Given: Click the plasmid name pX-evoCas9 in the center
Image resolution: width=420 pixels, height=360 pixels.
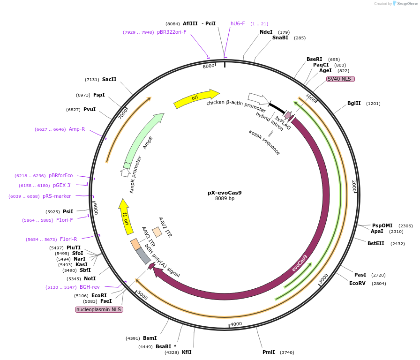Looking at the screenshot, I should pyautogui.click(x=225, y=192).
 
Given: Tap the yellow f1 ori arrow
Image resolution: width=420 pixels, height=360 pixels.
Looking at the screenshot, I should pyautogui.click(x=125, y=216).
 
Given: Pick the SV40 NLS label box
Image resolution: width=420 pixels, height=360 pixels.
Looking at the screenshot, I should pyautogui.click(x=340, y=79).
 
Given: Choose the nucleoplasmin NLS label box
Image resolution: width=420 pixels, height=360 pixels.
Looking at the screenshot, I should pyautogui.click(x=99, y=310).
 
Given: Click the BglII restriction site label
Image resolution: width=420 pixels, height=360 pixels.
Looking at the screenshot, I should pyautogui.click(x=354, y=104).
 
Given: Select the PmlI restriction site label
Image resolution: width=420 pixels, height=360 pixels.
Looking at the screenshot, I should pyautogui.click(x=269, y=352).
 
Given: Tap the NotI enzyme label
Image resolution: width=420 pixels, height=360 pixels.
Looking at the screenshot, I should pyautogui.click(x=90, y=278).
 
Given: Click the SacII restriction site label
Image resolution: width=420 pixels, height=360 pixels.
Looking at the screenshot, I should pyautogui.click(x=109, y=80).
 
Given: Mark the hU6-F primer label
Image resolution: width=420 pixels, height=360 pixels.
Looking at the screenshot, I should pyautogui.click(x=238, y=23).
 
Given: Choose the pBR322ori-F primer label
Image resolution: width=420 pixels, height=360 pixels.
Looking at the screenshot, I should pyautogui.click(x=172, y=32).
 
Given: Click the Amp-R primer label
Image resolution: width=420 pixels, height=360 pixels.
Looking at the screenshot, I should pyautogui.click(x=77, y=129).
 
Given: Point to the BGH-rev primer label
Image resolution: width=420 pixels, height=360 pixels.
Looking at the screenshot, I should pyautogui.click(x=90, y=287).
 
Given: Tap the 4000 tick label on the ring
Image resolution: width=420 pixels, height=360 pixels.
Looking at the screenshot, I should pyautogui.click(x=236, y=324).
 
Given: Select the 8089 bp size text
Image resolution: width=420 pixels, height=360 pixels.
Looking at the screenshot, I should pyautogui.click(x=225, y=199).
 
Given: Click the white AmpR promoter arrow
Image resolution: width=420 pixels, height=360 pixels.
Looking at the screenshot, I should pyautogui.click(x=125, y=172).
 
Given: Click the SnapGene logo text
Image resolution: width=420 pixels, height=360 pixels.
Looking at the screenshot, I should pyautogui.click(x=406, y=4).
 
